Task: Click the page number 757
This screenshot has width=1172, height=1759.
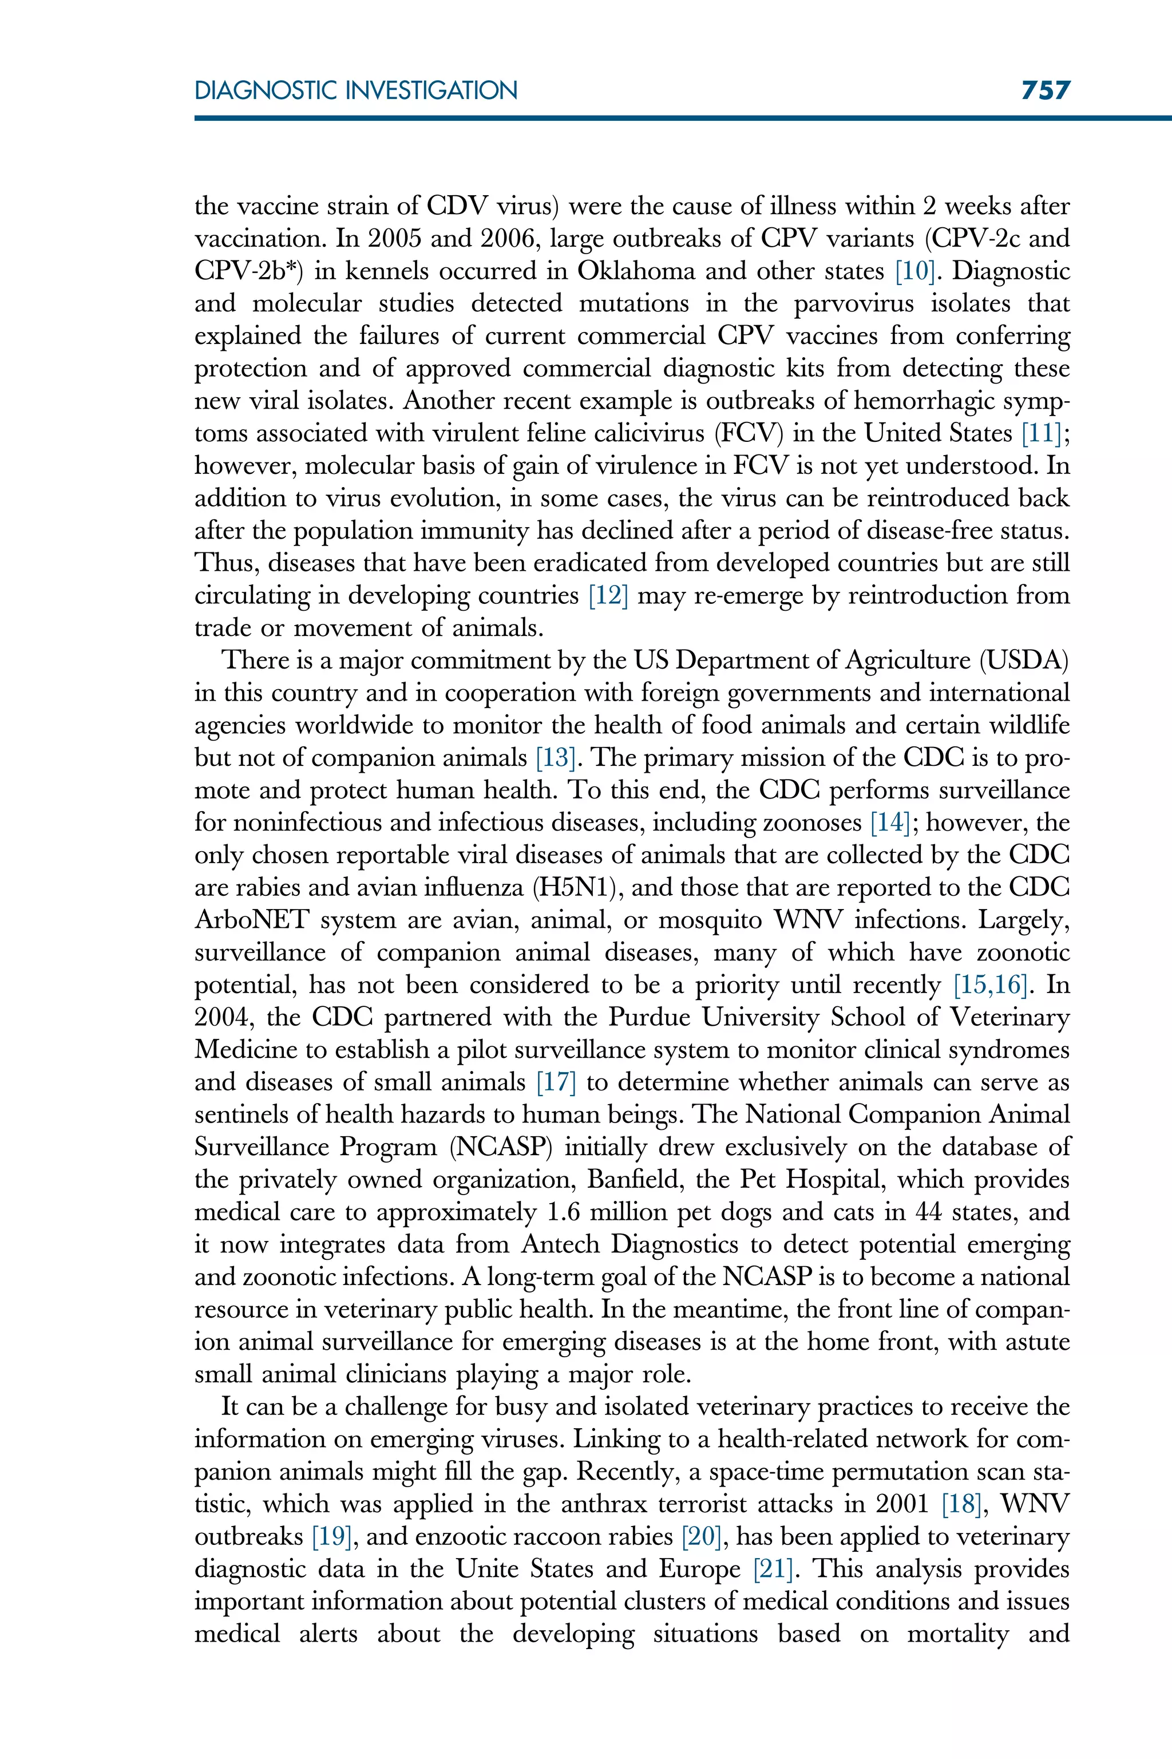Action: pos(1046,90)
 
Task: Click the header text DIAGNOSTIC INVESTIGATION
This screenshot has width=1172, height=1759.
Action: pos(356,91)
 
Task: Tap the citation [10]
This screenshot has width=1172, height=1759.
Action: pos(915,271)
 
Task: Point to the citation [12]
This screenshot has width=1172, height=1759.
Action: pos(608,596)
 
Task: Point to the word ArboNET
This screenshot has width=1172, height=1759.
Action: pos(251,920)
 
